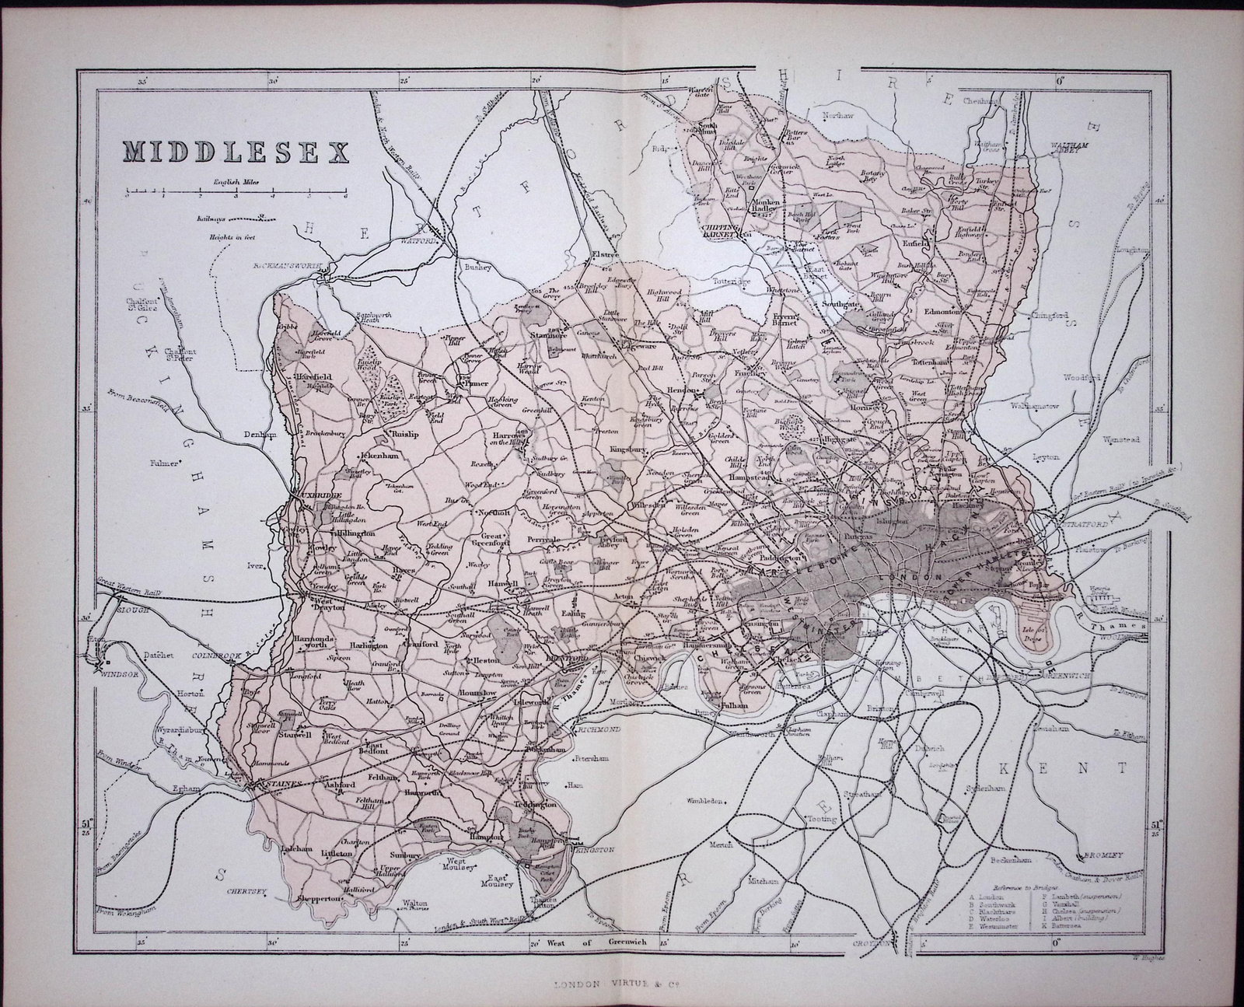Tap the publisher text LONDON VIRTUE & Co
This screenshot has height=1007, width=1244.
pos(603,984)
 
